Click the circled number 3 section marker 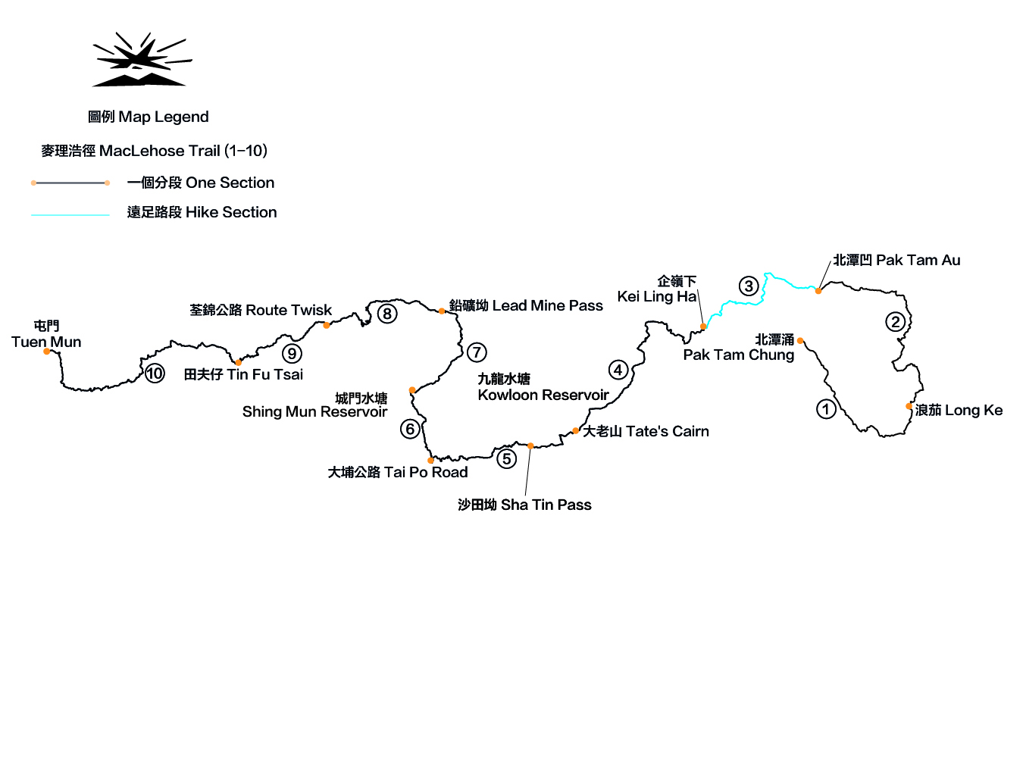749,286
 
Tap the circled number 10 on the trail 155,374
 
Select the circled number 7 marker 477,352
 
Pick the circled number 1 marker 826,409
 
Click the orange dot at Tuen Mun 47,352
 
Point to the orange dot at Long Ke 909,406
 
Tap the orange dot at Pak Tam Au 818,291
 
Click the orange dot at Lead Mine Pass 442,311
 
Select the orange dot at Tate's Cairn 576,431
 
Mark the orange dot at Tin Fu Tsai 239,363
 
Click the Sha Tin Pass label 524,505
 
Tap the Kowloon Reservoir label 543,387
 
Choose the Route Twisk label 261,310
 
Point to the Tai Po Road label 398,472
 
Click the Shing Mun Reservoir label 314,405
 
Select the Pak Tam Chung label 739,348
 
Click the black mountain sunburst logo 142,59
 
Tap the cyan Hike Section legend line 70,215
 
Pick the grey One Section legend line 70,183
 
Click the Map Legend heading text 149,117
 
